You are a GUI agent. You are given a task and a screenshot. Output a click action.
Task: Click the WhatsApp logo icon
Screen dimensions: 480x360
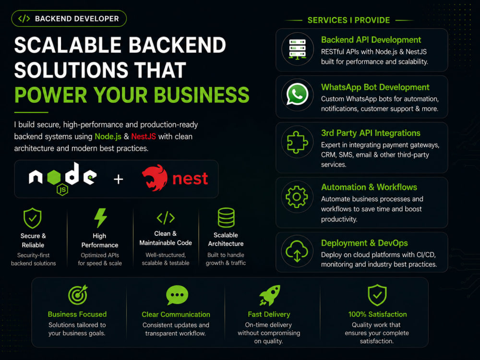pos(297,94)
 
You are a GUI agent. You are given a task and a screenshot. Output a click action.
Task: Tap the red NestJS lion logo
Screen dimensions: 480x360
pos(155,178)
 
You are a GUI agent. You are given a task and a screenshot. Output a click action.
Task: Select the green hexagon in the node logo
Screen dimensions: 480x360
pos(54,177)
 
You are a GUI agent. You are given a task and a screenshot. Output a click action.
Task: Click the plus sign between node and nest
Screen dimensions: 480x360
pos(119,179)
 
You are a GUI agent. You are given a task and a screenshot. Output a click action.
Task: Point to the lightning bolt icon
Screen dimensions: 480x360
pos(100,218)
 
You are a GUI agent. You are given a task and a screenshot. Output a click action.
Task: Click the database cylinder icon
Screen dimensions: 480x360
pos(226,217)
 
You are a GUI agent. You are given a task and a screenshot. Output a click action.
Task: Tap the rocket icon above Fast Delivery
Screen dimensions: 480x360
pos(270,295)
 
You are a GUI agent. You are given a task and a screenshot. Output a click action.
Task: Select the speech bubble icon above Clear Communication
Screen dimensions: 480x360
pos(177,295)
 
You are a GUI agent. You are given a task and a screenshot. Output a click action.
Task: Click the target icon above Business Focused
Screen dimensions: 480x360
pos(78,295)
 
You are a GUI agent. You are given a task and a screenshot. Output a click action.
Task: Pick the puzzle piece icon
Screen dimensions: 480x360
pos(297,142)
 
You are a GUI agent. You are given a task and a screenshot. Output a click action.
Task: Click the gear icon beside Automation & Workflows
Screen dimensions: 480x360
pos(297,196)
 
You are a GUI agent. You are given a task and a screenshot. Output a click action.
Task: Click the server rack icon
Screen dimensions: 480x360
pos(298,49)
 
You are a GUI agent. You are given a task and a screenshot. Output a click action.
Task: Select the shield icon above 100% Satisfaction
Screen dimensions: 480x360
pos(377,295)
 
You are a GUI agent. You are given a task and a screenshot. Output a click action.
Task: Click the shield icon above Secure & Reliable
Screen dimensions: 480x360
pos(33,218)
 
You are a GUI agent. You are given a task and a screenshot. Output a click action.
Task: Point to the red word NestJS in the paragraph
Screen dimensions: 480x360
pos(144,136)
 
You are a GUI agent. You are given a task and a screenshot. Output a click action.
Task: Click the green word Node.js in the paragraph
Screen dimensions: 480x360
pos(108,136)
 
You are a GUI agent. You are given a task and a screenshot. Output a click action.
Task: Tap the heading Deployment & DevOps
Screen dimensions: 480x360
pos(364,243)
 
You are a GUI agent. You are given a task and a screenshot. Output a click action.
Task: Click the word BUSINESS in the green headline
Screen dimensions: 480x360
pos(202,95)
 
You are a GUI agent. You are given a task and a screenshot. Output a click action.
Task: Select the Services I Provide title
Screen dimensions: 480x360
pos(348,20)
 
